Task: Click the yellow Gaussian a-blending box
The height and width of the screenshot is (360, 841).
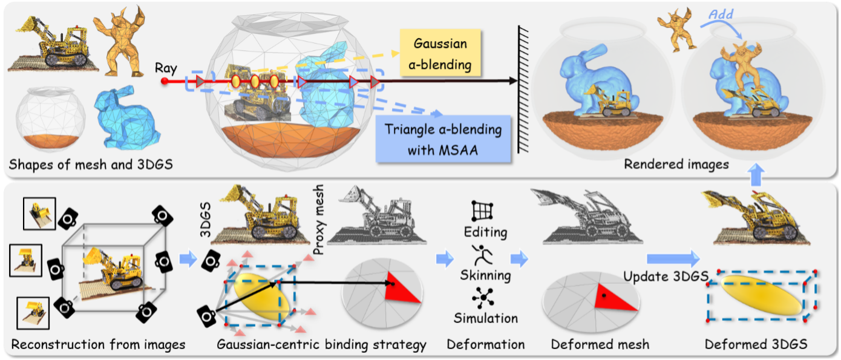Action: coord(440,54)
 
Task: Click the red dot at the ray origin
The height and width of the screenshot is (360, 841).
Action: coord(164,80)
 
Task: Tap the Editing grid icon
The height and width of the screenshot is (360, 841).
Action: coord(482,210)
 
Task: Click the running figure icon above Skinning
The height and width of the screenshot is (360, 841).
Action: coord(482,255)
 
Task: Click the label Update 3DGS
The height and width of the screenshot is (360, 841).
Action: coord(666,276)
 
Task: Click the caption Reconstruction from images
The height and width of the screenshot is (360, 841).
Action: coord(99,345)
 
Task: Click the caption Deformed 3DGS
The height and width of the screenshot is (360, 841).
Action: coord(756,345)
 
